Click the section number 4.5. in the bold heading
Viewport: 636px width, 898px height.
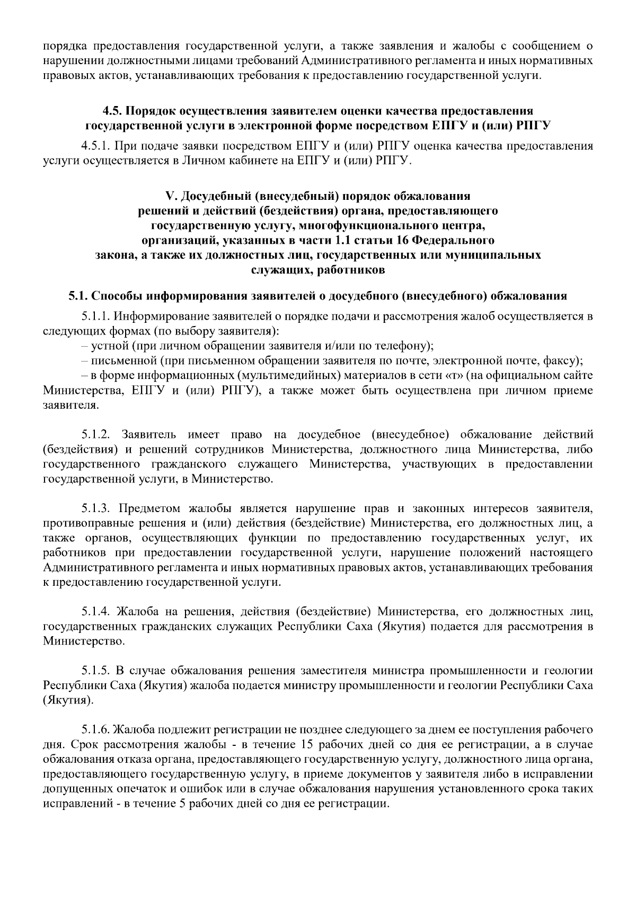click(112, 111)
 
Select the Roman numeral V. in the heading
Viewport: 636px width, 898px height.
click(170, 196)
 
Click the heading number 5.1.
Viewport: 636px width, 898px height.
click(78, 296)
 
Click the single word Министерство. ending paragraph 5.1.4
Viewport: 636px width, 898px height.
click(84, 641)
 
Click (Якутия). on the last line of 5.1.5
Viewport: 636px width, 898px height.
click(68, 701)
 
